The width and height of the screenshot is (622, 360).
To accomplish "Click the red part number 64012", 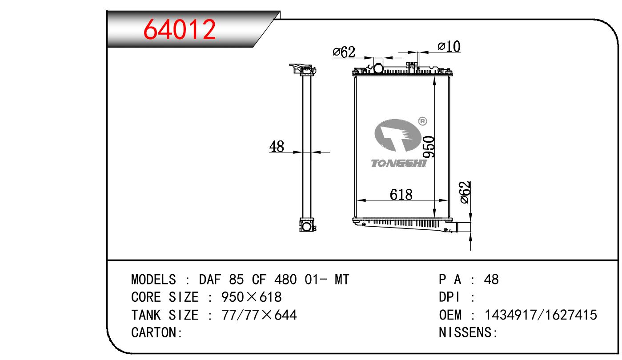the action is click(x=179, y=29).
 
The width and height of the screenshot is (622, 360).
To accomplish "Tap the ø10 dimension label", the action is click(x=449, y=47).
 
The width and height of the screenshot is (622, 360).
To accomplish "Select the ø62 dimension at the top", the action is click(x=344, y=52).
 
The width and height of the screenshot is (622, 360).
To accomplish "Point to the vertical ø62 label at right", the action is click(x=465, y=192).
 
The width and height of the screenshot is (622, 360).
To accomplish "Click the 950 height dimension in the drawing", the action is click(x=429, y=147).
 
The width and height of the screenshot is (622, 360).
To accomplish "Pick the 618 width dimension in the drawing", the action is click(x=401, y=195).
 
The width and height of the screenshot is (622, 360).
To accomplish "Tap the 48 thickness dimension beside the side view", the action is click(x=277, y=147).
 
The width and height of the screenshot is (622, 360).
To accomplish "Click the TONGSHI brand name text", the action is click(x=398, y=164).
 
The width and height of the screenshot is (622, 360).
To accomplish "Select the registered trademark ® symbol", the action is click(x=422, y=121).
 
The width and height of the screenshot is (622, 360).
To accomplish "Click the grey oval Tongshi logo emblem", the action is click(x=397, y=135).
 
